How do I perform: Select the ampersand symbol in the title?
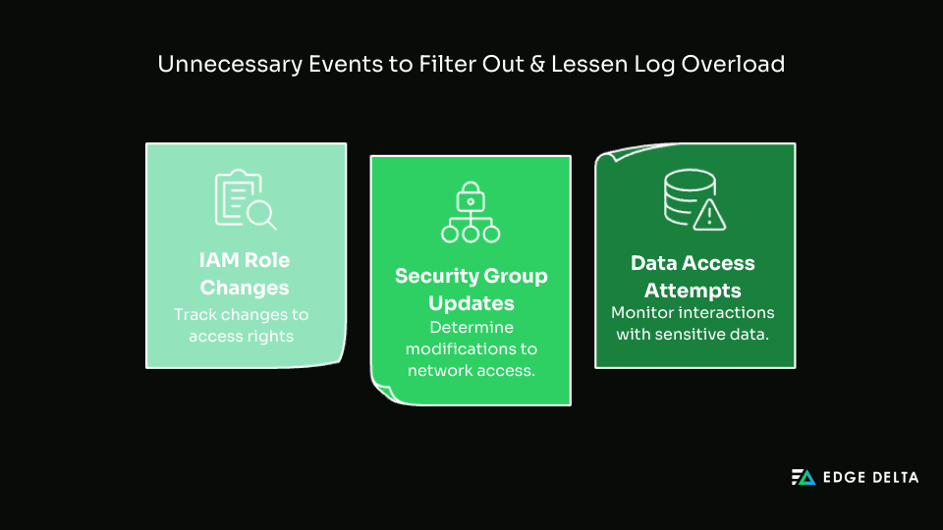tap(520, 65)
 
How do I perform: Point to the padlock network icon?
tap(471, 212)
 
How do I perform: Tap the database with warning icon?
tap(693, 200)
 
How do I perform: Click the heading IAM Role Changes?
tap(245, 275)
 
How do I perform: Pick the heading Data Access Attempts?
tap(693, 277)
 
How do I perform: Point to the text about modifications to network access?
tap(471, 349)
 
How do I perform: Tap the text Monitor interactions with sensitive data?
tap(693, 323)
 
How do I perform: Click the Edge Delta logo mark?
tap(804, 478)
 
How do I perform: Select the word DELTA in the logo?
tap(893, 478)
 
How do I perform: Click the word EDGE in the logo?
tap(842, 478)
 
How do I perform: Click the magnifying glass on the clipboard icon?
tap(262, 213)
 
